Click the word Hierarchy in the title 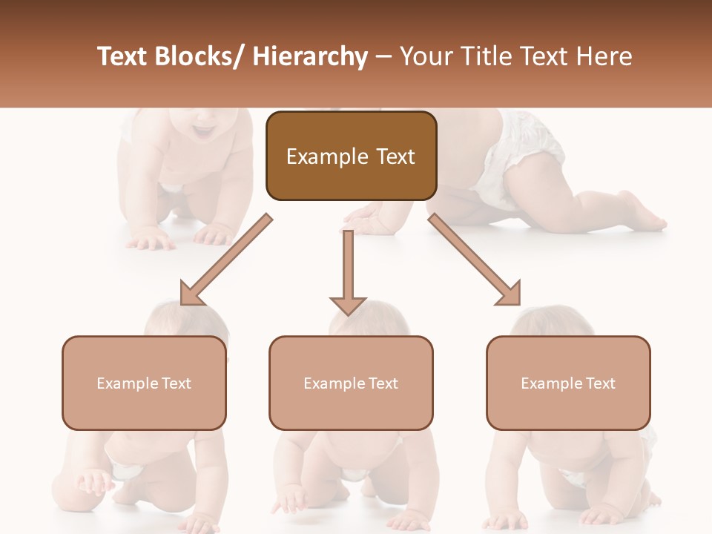point(310,56)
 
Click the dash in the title point(383,58)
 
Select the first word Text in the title point(122,56)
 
